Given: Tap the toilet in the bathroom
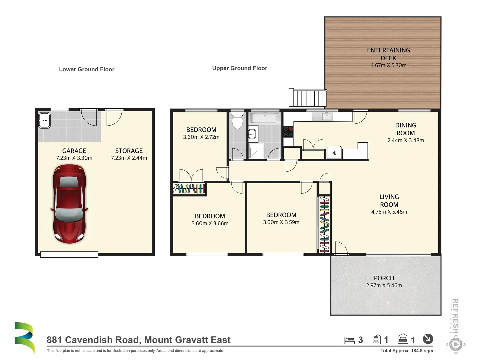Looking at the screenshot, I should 237,120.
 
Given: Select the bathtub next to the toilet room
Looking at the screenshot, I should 265,118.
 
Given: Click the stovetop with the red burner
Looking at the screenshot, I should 288,132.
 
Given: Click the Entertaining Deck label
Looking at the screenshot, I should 388,54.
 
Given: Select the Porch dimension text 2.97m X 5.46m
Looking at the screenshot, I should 384,285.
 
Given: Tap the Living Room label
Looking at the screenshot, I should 389,201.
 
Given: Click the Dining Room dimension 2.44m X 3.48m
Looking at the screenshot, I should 405,140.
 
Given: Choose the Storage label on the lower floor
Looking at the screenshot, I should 129,151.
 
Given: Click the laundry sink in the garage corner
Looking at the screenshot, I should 44,120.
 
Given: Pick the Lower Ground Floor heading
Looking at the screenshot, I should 87,69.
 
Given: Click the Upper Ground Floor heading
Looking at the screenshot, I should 240,68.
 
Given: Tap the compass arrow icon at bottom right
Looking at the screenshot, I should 428,339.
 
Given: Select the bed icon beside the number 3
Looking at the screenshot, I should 349,340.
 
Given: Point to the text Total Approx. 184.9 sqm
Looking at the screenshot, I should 407,350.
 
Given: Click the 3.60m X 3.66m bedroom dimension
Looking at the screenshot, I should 210,223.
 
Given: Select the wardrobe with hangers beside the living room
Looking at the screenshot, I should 324,224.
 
